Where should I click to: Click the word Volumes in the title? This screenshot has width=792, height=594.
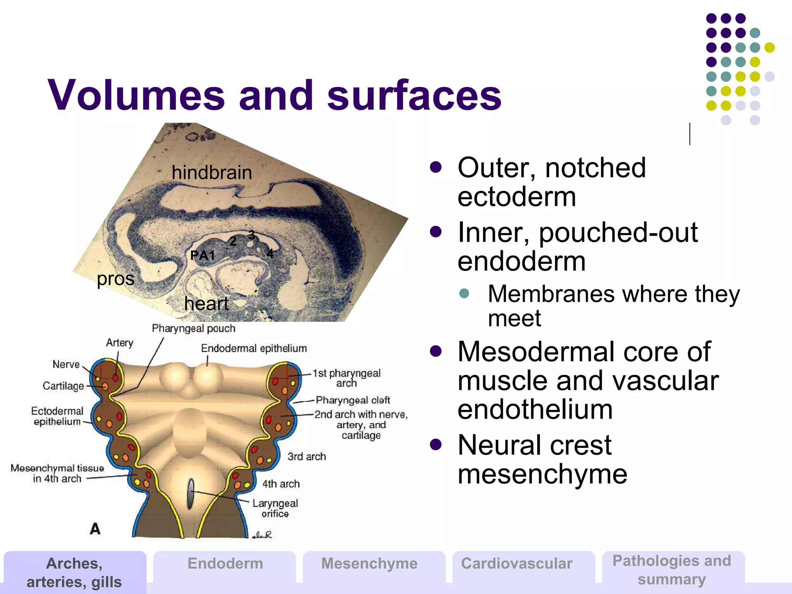(136, 95)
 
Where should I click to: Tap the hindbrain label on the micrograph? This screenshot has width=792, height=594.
(212, 172)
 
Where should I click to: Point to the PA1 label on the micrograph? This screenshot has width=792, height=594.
(202, 255)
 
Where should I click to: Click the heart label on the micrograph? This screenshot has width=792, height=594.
(206, 304)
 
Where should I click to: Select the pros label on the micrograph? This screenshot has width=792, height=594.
(115, 278)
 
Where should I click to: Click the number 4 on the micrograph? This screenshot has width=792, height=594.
(270, 253)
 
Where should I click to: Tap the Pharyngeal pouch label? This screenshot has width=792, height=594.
(193, 329)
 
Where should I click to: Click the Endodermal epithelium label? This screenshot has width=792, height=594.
(254, 348)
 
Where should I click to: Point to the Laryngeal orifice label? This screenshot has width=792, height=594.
(275, 508)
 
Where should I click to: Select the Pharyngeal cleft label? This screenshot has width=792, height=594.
(353, 400)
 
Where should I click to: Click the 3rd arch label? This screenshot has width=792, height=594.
(306, 457)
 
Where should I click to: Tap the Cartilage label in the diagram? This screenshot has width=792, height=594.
(63, 386)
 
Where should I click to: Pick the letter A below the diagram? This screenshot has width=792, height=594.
(95, 528)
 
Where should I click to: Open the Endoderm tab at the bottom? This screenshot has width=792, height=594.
(225, 564)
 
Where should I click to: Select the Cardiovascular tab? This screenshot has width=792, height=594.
(517, 564)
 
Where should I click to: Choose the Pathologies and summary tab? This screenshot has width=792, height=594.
(672, 570)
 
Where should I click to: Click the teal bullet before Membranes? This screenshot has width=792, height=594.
(464, 293)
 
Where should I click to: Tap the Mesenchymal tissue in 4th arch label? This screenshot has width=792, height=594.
(57, 473)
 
